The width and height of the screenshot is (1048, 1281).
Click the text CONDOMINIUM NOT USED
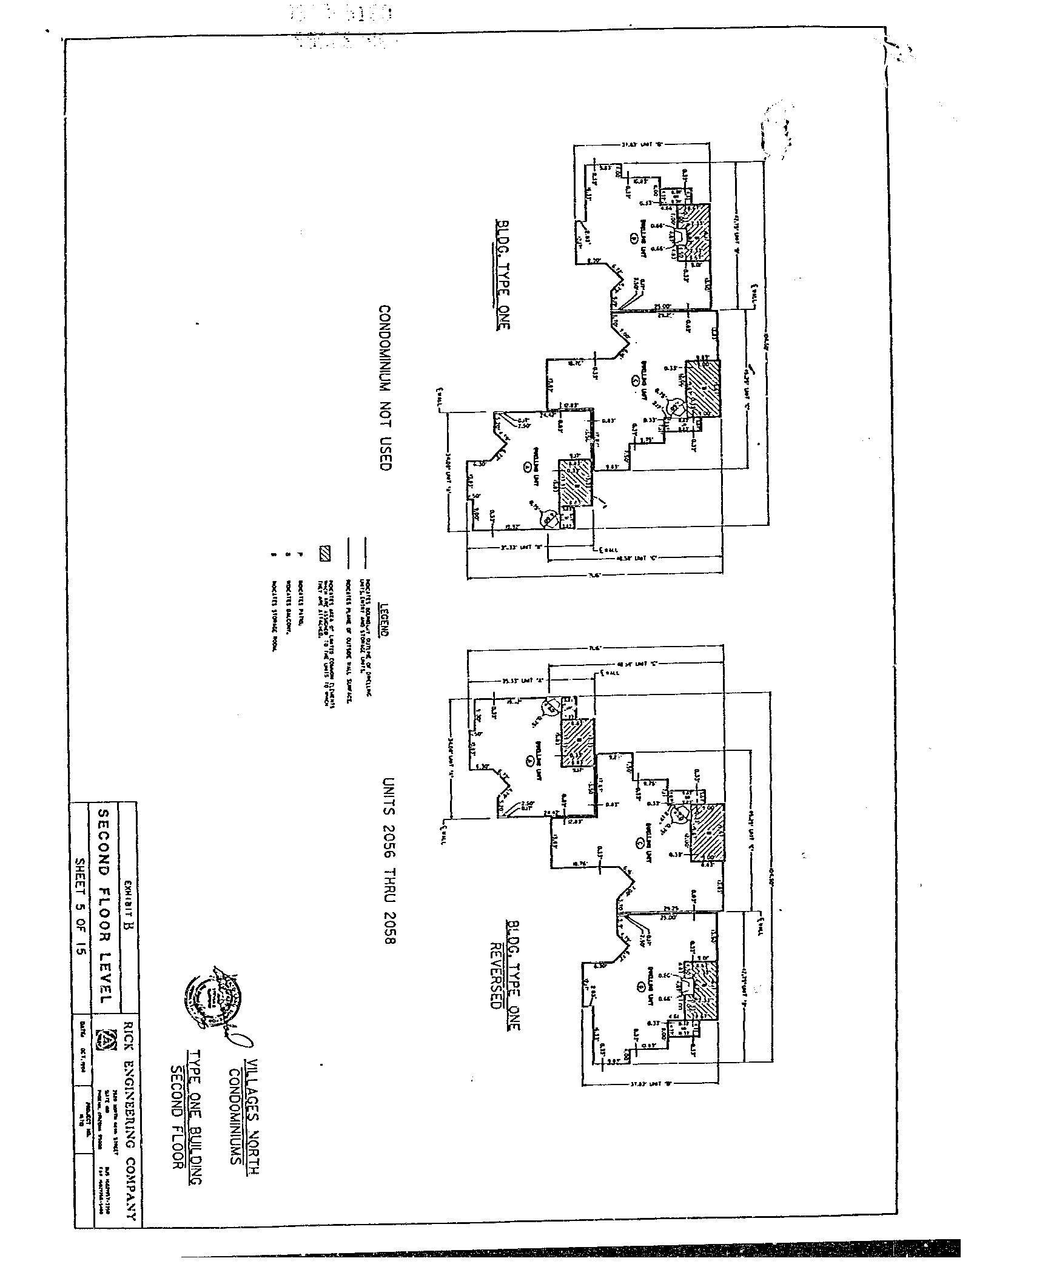click(x=385, y=388)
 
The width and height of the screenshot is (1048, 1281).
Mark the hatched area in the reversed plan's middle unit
click(x=708, y=831)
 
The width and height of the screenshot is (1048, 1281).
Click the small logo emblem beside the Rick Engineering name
click(x=107, y=1040)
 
